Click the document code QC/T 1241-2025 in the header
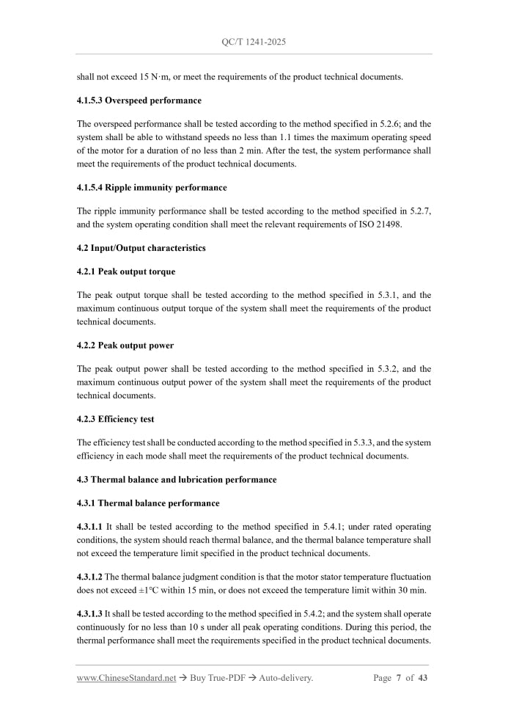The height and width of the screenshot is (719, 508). [x=254, y=42]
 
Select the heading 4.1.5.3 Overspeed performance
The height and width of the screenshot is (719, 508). [x=139, y=101]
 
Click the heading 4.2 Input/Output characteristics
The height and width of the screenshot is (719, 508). [x=141, y=248]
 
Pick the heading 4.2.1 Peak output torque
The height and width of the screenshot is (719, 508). [x=126, y=271]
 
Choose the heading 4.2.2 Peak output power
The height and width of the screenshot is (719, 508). [x=125, y=346]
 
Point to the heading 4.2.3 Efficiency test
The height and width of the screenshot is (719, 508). [x=116, y=420]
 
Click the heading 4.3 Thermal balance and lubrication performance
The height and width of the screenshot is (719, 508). [x=177, y=480]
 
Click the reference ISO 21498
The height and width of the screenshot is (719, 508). [x=377, y=225]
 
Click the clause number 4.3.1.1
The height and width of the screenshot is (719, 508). [x=90, y=527]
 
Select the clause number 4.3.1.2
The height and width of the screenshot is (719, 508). [x=90, y=577]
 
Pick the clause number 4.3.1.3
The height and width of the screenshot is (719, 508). [x=90, y=613]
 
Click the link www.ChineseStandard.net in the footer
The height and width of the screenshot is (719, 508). [x=127, y=678]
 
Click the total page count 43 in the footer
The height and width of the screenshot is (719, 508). [x=422, y=678]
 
